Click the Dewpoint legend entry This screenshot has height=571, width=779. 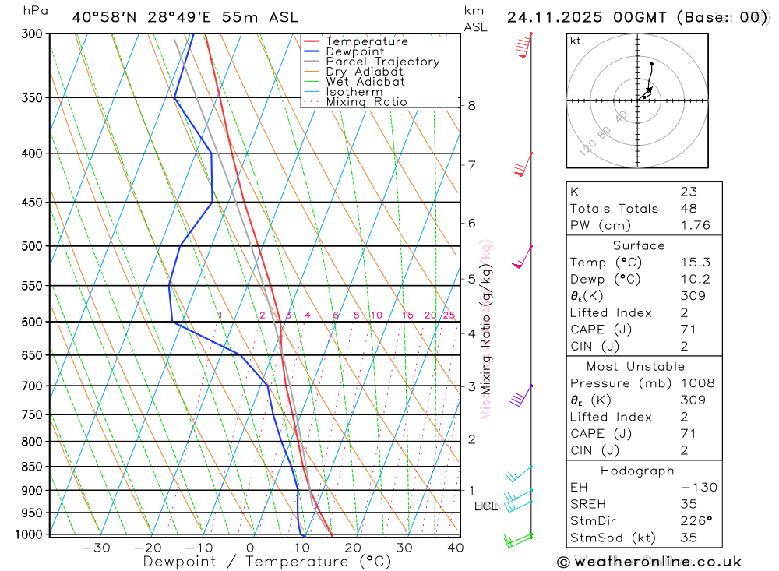coord(354,51)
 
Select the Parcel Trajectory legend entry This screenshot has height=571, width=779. coord(382,62)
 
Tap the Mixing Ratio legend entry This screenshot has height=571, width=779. coord(366,102)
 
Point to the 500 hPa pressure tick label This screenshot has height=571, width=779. coord(32,246)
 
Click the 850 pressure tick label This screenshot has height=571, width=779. coord(32,467)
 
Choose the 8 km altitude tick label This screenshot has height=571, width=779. coord(471,106)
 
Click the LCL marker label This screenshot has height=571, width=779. coord(485,506)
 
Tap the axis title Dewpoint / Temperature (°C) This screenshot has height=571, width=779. coord(266,562)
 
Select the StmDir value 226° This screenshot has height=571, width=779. coord(693,521)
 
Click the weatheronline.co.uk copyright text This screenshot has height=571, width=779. coord(649,562)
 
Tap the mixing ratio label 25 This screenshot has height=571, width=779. coord(449,315)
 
